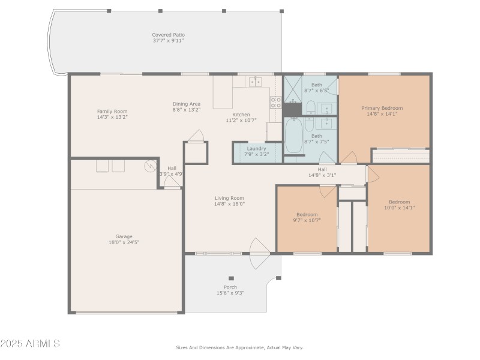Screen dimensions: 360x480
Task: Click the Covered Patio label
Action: click(x=167, y=35)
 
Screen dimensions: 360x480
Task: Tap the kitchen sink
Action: click(x=255, y=82)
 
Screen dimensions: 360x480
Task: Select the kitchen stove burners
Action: click(x=275, y=102)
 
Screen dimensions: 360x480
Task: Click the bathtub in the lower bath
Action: click(x=294, y=136)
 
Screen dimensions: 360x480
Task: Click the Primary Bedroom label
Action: click(x=382, y=108)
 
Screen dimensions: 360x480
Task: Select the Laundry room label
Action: click(x=256, y=148)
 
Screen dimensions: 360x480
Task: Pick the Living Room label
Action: click(x=229, y=198)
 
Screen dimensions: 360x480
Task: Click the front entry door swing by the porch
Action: click(x=260, y=253)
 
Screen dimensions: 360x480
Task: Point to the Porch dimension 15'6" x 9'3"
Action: click(x=230, y=293)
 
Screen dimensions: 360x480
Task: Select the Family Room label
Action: click(x=112, y=111)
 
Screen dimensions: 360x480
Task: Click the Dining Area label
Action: click(x=186, y=104)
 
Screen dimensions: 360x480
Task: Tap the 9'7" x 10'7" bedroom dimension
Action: click(x=307, y=220)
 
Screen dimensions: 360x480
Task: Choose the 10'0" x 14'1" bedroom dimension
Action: click(x=399, y=208)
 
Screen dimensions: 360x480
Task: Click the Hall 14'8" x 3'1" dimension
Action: click(x=322, y=175)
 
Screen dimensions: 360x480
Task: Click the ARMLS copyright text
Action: click(x=30, y=344)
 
